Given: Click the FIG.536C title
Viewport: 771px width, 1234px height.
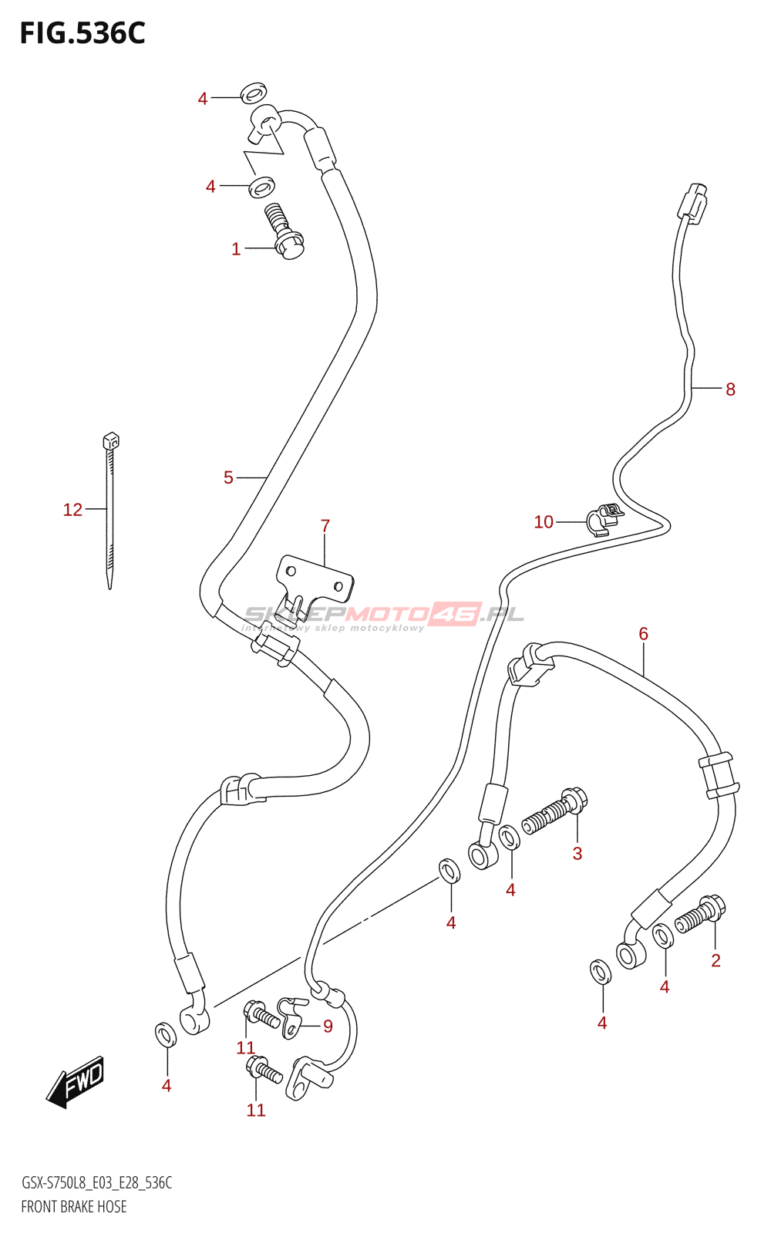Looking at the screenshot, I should [x=82, y=34].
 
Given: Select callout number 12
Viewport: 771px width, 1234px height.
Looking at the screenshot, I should [x=72, y=510].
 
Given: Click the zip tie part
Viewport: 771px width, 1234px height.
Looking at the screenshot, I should [x=109, y=509].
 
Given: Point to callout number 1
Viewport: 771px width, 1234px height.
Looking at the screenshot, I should [x=236, y=249].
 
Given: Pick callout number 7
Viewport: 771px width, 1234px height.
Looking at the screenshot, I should [x=325, y=526].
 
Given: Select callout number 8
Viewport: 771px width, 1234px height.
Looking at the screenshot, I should [x=730, y=389].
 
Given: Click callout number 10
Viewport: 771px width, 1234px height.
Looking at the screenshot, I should [x=544, y=522].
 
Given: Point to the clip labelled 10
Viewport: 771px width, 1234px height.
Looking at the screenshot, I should [x=604, y=519].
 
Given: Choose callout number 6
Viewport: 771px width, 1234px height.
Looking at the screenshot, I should [x=643, y=634].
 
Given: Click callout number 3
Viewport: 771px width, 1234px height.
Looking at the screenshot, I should [x=577, y=853].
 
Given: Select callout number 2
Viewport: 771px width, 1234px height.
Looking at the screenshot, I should [x=715, y=960].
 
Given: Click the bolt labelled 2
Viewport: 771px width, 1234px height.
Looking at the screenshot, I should [x=700, y=914].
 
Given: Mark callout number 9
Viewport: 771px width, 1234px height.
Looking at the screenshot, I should [x=328, y=1026].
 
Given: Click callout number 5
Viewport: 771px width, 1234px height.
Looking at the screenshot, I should [x=228, y=478].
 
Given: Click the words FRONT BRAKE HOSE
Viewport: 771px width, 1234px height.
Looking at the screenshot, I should [x=74, y=1207].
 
